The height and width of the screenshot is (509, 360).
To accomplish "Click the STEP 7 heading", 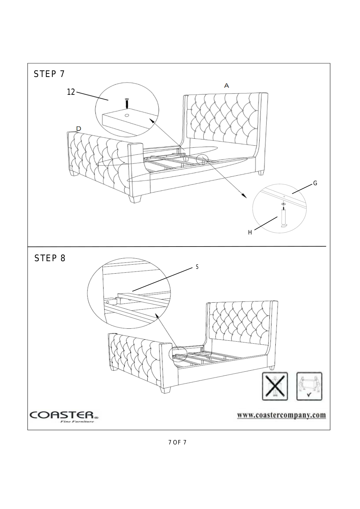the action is [x=49, y=74].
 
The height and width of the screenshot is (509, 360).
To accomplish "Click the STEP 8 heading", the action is [x=50, y=258].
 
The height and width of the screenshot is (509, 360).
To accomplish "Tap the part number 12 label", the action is [x=71, y=92].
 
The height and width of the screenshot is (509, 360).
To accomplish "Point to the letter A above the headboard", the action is [x=226, y=85].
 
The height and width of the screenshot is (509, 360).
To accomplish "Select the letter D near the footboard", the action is [x=79, y=128].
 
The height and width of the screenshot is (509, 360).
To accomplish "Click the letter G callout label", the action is [x=315, y=183].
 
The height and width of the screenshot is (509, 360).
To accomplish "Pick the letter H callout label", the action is [x=250, y=233].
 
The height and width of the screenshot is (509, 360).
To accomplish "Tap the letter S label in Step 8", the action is [x=197, y=267].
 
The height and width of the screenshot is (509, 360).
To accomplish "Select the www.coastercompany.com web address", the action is [x=281, y=415].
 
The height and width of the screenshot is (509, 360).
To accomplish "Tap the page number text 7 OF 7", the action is [x=177, y=442].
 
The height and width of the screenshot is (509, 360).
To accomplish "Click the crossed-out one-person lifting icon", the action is [x=275, y=386].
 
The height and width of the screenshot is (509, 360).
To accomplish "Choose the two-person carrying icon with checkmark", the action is [x=309, y=386].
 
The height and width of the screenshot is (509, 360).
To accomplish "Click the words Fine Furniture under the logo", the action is [x=77, y=422].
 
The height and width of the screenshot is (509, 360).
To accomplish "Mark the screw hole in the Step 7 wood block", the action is [x=127, y=115].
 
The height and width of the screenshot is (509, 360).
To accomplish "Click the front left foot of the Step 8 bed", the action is [x=165, y=390].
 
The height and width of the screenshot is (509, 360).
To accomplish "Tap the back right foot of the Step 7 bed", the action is [x=261, y=173].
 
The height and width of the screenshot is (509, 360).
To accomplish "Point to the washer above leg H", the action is [x=283, y=204].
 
